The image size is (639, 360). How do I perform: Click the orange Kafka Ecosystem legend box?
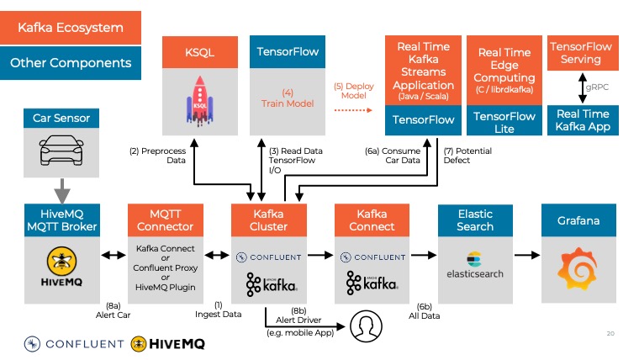coord(71,28)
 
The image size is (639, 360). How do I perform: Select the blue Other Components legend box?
coord(71,62)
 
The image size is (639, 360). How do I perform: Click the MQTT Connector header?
coord(165,220)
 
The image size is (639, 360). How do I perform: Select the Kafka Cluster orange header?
coord(269,220)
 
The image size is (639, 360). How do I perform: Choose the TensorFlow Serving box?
coord(581,52)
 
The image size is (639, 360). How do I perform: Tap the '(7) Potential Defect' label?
coord(468,156)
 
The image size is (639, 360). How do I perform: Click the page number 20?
coord(611,334)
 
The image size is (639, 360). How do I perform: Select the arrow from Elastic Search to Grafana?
coord(526,253)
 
